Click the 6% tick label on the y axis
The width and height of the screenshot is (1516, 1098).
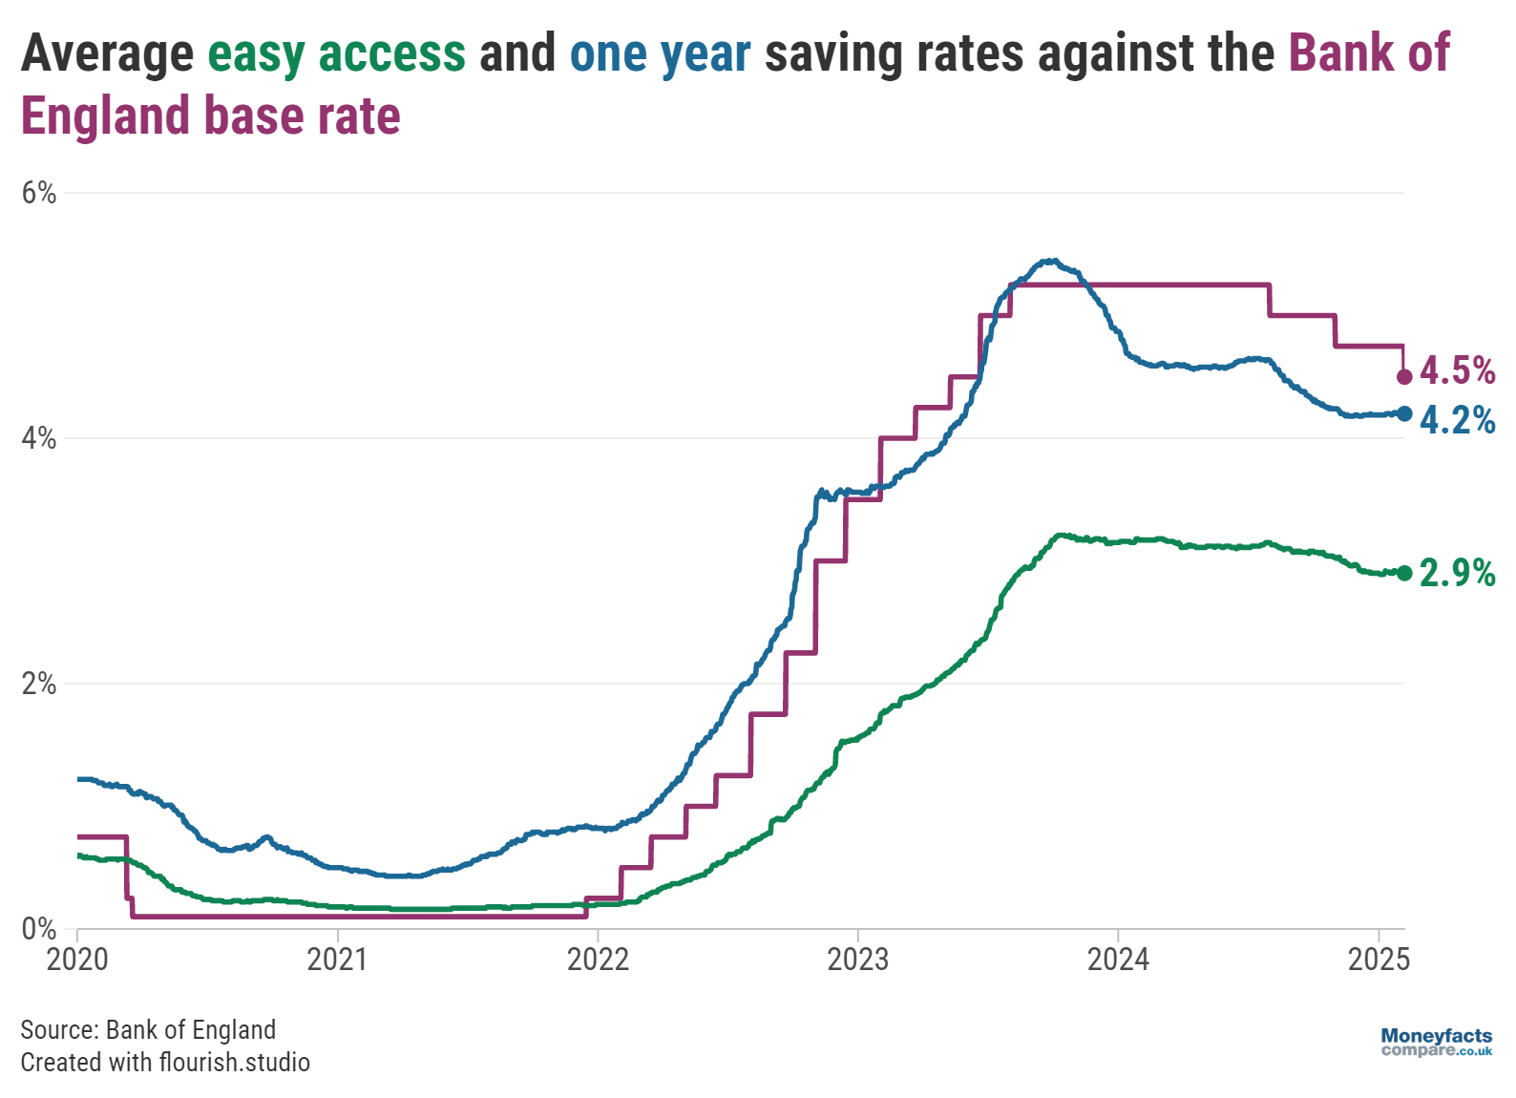[39, 193]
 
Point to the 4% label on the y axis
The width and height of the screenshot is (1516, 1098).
[39, 438]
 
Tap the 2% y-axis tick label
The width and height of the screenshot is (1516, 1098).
[39, 684]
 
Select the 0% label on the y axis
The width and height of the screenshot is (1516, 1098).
[39, 929]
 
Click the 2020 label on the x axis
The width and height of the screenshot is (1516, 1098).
[77, 960]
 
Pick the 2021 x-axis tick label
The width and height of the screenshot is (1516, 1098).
[337, 960]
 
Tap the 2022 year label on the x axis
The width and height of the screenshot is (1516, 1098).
[598, 960]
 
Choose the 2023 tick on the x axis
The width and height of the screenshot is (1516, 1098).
[857, 960]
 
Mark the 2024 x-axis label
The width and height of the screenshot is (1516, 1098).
[1118, 960]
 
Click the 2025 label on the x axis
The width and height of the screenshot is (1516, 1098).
[1379, 960]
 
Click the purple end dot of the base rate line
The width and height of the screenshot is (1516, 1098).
[1404, 377]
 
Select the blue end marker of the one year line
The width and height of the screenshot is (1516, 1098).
[1404, 413]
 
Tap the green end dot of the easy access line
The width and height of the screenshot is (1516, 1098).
[1404, 573]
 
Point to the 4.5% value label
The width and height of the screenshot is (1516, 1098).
[1458, 370]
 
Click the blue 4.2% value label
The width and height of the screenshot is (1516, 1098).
[1458, 420]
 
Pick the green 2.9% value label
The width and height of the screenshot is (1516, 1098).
[1458, 573]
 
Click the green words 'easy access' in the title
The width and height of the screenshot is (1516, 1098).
[337, 53]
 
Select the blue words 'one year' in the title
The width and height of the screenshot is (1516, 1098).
[660, 53]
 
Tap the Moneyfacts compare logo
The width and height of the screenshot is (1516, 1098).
[1436, 1042]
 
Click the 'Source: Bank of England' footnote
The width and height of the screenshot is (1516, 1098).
[148, 1030]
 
